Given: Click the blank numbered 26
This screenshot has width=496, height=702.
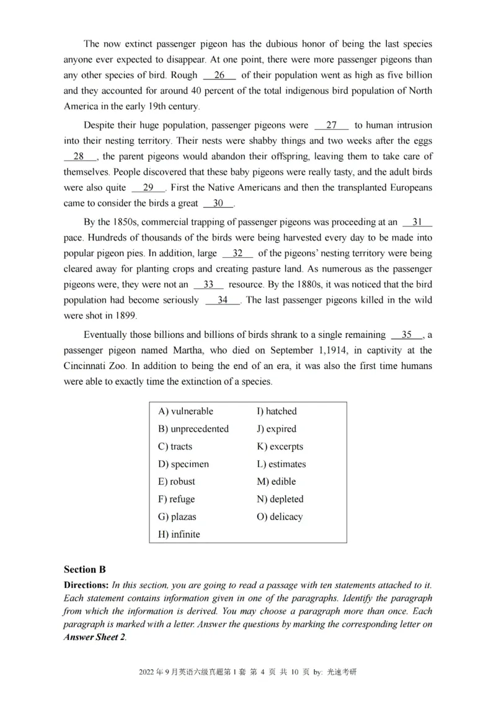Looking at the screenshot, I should point(219,75).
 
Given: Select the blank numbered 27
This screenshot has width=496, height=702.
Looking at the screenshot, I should point(332,125).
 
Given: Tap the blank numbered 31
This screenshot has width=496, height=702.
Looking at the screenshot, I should point(417,221).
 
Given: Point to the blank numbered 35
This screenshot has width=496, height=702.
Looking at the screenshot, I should point(407,334).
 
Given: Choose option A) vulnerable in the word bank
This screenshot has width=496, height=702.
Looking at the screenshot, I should point(185,411).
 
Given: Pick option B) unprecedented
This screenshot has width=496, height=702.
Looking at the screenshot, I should point(193,429).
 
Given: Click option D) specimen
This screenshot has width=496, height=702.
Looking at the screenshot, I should point(184,464).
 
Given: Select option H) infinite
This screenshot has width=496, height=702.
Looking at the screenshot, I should point(179,534).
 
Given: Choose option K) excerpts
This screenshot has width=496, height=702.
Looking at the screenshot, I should point(280,447).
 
